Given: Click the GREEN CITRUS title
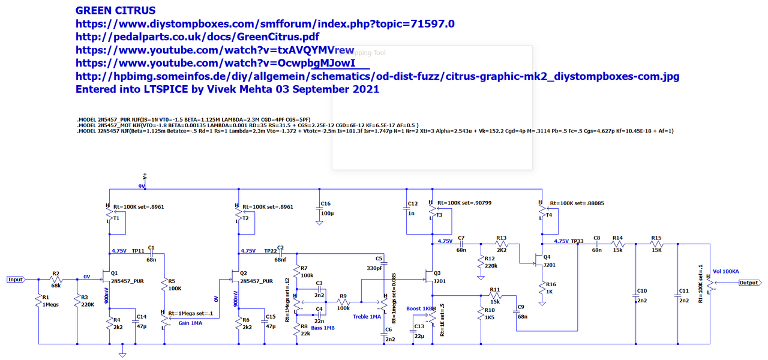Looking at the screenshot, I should [115, 10].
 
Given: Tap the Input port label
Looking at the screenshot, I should [16, 280].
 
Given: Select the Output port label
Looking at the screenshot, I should [748, 283].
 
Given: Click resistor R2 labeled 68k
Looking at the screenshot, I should [56, 279].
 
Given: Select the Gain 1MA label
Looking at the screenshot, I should [191, 323].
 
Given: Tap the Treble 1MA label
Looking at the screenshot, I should [367, 317].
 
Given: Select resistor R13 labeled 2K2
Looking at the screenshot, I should [502, 244].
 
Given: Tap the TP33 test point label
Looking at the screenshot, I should [577, 241].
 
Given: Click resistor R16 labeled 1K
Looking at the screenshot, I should [542, 287].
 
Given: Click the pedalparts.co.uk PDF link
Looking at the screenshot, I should [197, 37].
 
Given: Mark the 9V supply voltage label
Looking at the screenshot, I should [142, 187].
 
